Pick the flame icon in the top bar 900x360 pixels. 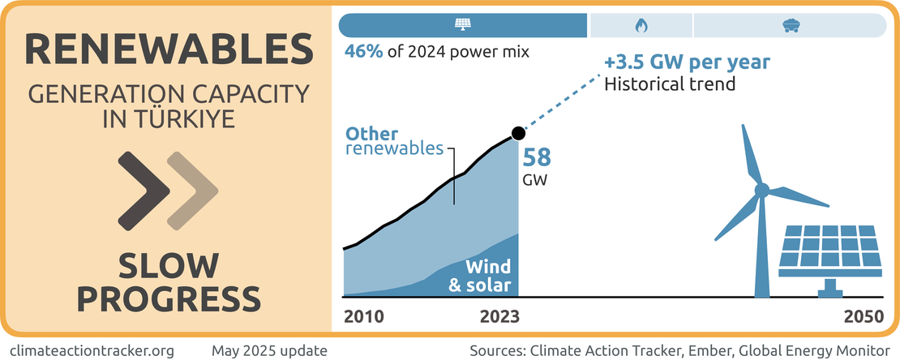(x=641, y=25)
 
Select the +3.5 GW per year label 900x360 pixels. (x=686, y=62)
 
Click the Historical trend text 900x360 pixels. (x=670, y=84)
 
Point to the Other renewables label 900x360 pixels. (x=395, y=141)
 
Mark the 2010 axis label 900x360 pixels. (x=364, y=316)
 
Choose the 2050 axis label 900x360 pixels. (x=862, y=316)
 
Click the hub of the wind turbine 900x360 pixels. (x=761, y=191)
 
